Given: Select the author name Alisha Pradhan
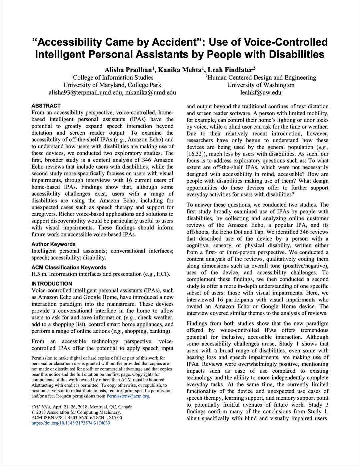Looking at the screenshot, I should pyautogui.click(x=128, y=70).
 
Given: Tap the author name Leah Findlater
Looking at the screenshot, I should pyautogui.click(x=230, y=70).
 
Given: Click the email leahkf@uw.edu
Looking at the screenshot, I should pyautogui.click(x=261, y=93).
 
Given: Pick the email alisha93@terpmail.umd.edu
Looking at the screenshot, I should pyautogui.click(x=85, y=93).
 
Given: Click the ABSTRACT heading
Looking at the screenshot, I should pyautogui.click(x=46, y=106).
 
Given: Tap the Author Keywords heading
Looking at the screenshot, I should pyautogui.click(x=53, y=244).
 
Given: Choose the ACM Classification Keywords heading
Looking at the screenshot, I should pyautogui.click(x=69, y=267).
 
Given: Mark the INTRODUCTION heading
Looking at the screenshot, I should pyautogui.click(x=52, y=284).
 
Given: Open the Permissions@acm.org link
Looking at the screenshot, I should pyautogui.click(x=128, y=396).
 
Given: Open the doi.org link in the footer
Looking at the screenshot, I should pyautogui.click(x=71, y=423).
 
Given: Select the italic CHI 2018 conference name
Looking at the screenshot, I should pyautogui.click(x=41, y=407).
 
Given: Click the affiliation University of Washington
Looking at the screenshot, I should pyautogui.click(x=261, y=85).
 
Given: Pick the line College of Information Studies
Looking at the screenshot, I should pyautogui.click(x=113, y=78).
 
